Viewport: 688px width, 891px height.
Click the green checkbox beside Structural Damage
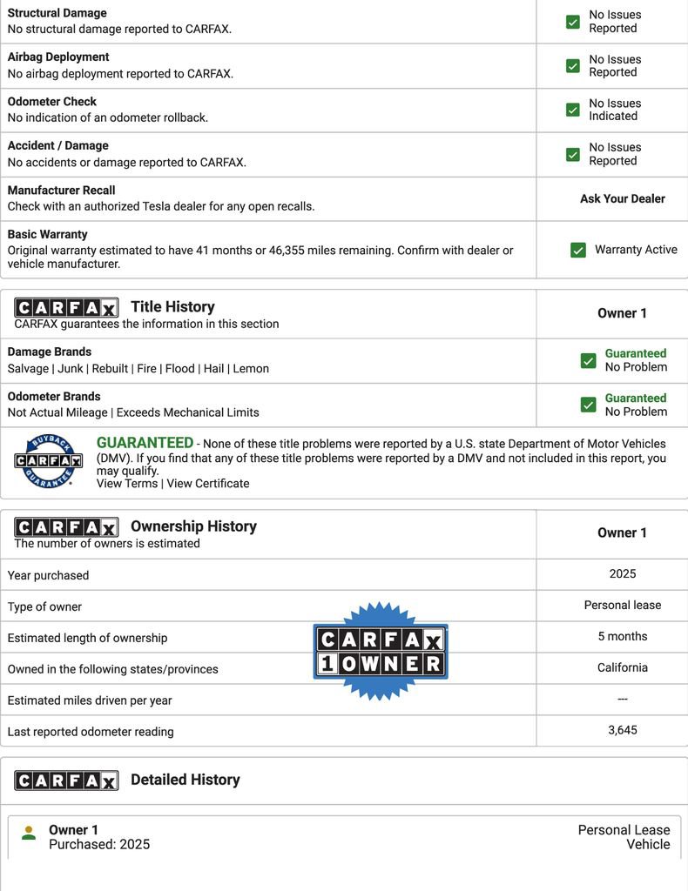point(573,22)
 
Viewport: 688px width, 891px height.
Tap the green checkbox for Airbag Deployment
point(573,66)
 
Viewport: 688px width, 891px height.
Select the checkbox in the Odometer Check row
point(573,110)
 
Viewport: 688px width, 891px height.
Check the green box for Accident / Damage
point(573,154)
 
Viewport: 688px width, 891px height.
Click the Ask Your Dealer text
point(622,198)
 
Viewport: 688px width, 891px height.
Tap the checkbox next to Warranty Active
point(578,250)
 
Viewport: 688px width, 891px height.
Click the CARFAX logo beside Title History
point(66,307)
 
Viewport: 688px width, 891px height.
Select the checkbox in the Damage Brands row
point(589,360)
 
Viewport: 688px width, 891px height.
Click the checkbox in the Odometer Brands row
point(589,405)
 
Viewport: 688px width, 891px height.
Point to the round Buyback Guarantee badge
point(48,461)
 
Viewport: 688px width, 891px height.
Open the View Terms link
point(127,484)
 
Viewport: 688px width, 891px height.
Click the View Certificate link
point(208,484)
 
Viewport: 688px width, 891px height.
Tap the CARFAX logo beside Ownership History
point(66,526)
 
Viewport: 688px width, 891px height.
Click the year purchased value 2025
point(623,573)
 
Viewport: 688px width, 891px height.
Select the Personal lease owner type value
point(623,605)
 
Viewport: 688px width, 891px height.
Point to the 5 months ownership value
point(623,636)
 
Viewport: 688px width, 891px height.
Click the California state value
point(623,667)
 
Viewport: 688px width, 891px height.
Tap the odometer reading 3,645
point(623,730)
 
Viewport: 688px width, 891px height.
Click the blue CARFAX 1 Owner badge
point(381,652)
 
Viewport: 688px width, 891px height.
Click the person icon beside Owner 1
point(29,833)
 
